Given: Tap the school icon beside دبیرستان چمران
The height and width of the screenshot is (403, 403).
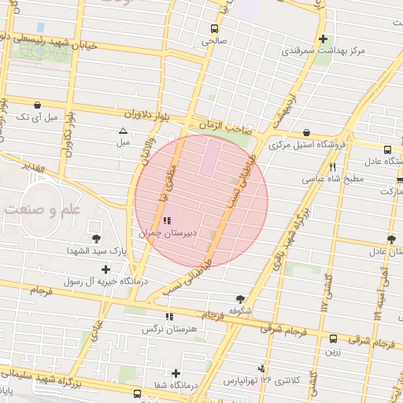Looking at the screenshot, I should coord(167,221).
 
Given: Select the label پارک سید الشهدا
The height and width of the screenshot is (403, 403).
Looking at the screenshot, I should coord(96,251).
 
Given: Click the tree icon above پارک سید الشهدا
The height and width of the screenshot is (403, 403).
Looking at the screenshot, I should coord(97,238).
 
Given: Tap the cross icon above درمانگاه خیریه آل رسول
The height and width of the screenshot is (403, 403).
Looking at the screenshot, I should coord(106,269).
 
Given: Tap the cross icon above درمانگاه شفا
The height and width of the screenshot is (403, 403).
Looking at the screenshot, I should coord(176,373).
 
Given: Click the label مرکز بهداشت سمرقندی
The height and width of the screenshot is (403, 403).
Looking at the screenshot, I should coord(323,51).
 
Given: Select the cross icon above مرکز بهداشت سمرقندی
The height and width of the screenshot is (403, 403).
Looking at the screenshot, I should coord(323,39).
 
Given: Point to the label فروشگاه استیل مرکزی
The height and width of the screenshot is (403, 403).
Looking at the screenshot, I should coord(303,145).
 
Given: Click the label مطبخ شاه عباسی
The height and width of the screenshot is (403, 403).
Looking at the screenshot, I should coord(332,179).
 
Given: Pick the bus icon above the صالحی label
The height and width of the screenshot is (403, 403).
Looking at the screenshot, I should coord(214,27).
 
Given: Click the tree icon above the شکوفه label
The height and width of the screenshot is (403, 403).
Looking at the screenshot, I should coord(240,299).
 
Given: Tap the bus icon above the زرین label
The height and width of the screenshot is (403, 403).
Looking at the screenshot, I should coord(334,339).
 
